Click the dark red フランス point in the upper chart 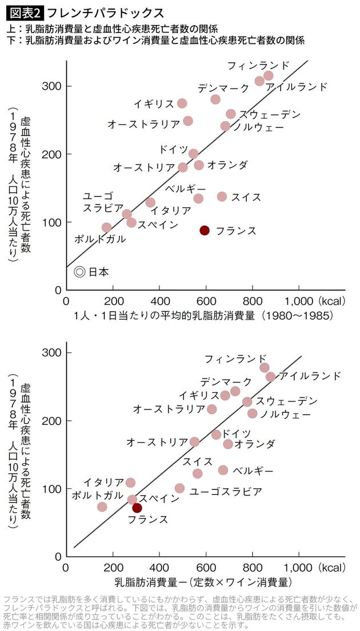tap(205, 230)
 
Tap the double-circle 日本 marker tap(80, 272)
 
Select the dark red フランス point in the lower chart tap(137, 508)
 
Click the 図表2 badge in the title tap(23, 12)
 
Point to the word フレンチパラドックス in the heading tap(106, 12)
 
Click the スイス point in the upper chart tap(222, 196)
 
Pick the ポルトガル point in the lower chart tap(102, 507)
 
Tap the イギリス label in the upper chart tap(153, 103)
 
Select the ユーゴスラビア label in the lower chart tap(226, 491)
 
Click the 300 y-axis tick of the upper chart tap(52, 86)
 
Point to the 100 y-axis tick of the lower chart tap(52, 489)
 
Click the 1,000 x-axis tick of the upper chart tap(299, 301)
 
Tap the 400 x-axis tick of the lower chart tap(159, 568)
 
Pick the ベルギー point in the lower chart tap(223, 470)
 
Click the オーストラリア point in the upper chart tap(187, 121)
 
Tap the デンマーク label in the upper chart tap(223, 89)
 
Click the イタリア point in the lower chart tap(130, 483)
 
